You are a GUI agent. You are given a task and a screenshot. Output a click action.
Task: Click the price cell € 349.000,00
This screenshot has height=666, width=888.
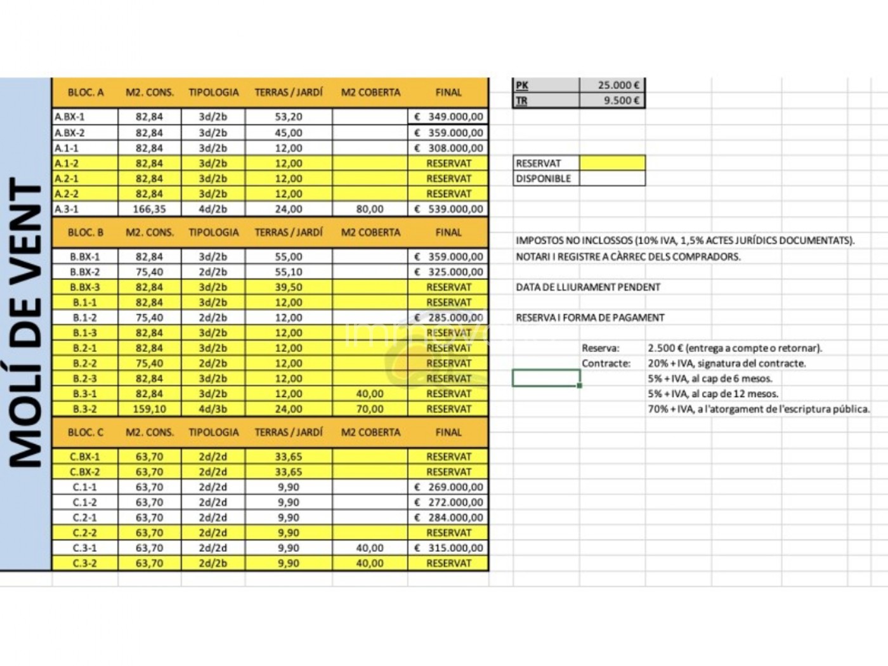click(x=448, y=117)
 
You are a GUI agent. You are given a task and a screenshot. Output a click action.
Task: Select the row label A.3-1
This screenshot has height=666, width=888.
click(x=67, y=209)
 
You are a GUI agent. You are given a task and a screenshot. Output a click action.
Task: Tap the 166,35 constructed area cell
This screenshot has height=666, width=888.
click(x=149, y=209)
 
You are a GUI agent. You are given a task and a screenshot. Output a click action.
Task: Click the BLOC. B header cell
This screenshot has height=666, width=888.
click(x=85, y=232)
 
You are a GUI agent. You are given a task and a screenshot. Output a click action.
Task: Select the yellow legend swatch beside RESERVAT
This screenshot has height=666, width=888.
click(x=612, y=163)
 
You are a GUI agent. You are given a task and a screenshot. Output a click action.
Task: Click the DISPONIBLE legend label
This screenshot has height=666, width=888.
click(x=544, y=178)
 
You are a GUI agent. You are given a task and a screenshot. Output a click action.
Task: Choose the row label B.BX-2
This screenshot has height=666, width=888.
click(x=85, y=271)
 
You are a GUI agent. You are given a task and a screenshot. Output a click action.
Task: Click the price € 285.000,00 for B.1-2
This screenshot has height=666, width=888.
click(x=448, y=317)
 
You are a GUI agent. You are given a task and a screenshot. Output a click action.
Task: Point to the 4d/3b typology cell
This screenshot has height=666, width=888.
click(x=212, y=409)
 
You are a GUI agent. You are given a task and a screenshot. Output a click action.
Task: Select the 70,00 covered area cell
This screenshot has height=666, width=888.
click(x=370, y=409)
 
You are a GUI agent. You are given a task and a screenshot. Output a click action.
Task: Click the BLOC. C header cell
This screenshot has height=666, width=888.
click(x=85, y=432)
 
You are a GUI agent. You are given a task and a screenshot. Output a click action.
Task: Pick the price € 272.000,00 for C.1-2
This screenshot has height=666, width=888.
click(x=448, y=502)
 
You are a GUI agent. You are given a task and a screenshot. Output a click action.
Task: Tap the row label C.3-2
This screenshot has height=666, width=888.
click(x=85, y=563)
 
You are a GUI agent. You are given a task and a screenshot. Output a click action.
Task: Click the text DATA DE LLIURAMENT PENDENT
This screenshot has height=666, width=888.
click(x=588, y=287)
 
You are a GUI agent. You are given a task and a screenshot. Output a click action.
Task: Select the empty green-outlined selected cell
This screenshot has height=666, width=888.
click(x=545, y=379)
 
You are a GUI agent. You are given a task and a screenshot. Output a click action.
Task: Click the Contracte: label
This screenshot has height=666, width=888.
click(x=606, y=363)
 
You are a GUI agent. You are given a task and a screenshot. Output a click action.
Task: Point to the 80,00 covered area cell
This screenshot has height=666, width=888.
click(x=370, y=209)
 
